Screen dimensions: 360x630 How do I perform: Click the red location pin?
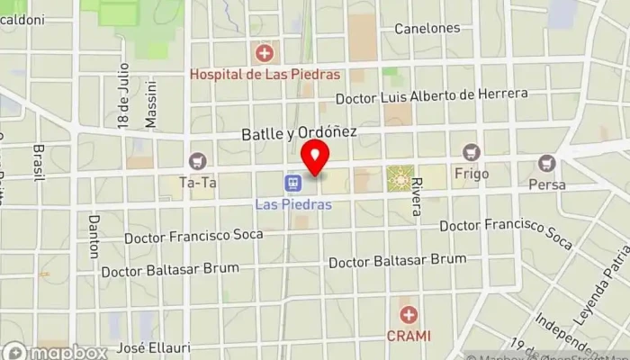click(314, 158)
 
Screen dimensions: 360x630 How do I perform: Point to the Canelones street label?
click(427, 28)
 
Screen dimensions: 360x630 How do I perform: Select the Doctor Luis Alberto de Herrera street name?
click(430, 97)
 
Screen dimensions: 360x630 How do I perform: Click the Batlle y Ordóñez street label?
click(300, 133)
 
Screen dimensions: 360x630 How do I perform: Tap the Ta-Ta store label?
click(197, 182)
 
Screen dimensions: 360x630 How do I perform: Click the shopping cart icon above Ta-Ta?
click(197, 162)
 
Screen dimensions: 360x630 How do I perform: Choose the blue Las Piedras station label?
click(293, 204)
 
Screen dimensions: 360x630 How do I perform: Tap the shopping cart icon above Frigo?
click(470, 152)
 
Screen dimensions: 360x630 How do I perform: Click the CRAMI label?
click(409, 336)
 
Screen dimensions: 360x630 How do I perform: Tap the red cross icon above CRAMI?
click(409, 315)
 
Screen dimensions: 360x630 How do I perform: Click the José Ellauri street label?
click(143, 348)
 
